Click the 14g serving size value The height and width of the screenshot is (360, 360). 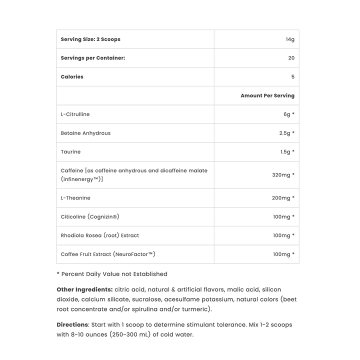point(290,39)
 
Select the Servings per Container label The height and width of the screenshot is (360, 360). point(92,58)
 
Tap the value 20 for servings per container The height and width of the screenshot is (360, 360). point(291,58)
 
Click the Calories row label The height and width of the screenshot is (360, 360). point(72,77)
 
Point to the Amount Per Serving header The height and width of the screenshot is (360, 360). point(267,95)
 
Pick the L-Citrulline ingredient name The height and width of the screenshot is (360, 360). point(75,114)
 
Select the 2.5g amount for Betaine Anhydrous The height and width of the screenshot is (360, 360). point(286,133)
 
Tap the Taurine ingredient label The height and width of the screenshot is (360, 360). point(70,152)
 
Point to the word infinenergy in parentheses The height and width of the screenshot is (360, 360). point(81,179)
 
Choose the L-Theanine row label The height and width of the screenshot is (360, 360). point(75,198)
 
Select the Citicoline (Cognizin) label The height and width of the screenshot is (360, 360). point(90,217)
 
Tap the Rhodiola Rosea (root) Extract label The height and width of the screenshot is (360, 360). point(100,235)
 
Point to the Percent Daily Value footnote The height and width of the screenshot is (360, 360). point(112,274)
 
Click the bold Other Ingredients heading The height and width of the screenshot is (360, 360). point(84,289)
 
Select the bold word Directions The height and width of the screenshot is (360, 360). point(72,325)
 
